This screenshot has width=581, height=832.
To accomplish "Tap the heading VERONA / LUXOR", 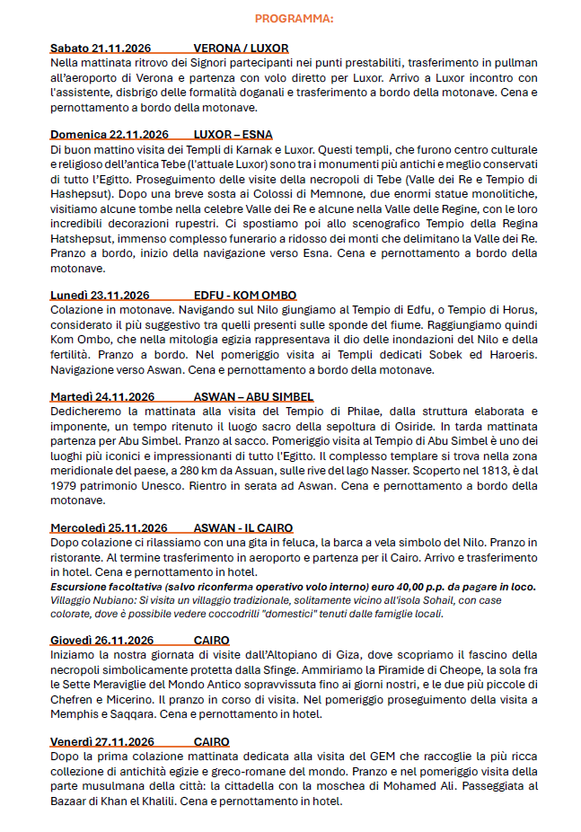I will [241, 48].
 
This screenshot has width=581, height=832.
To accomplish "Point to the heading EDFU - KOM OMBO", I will [245, 295].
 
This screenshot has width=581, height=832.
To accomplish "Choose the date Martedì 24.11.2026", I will [102, 396].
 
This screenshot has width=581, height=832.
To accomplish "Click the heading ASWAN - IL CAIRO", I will [243, 527].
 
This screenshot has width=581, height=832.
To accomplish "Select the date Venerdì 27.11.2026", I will [102, 741].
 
